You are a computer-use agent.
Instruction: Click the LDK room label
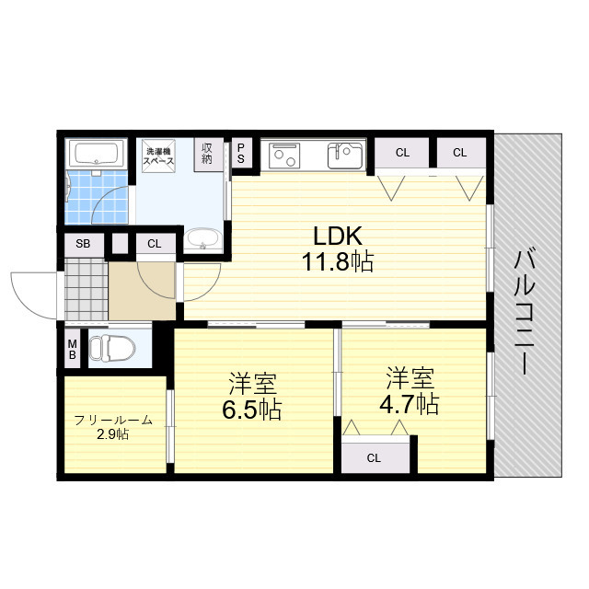pyautogui.click(x=338, y=237)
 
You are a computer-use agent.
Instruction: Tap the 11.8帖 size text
pyautogui.click(x=338, y=261)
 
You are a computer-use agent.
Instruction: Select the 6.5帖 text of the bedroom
pyautogui.click(x=251, y=410)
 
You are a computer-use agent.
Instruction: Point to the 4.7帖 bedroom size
pyautogui.click(x=409, y=404)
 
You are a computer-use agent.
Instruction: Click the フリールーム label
pyautogui.click(x=113, y=420)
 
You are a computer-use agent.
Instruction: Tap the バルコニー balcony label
pyautogui.click(x=525, y=312)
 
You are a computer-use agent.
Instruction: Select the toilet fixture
pyautogui.click(x=112, y=348)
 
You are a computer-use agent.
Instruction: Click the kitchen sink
pyautogui.click(x=345, y=155)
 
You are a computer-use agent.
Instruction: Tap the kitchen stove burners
pyautogui.click(x=285, y=156)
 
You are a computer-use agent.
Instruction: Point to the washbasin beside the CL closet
pyautogui.click(x=202, y=239)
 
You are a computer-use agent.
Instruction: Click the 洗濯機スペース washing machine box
pyautogui.click(x=158, y=156)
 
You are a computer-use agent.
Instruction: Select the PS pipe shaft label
pyautogui.click(x=241, y=154)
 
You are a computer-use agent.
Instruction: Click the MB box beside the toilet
pyautogui.click(x=72, y=349)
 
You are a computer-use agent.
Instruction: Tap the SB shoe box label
pyautogui.click(x=83, y=244)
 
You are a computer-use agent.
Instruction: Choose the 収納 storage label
pyautogui.click(x=207, y=154)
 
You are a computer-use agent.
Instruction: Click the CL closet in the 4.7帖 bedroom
pyautogui.click(x=375, y=457)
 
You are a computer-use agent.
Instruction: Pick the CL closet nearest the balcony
pyautogui.click(x=460, y=153)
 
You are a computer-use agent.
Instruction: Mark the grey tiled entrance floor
pyautogui.click(x=86, y=289)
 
